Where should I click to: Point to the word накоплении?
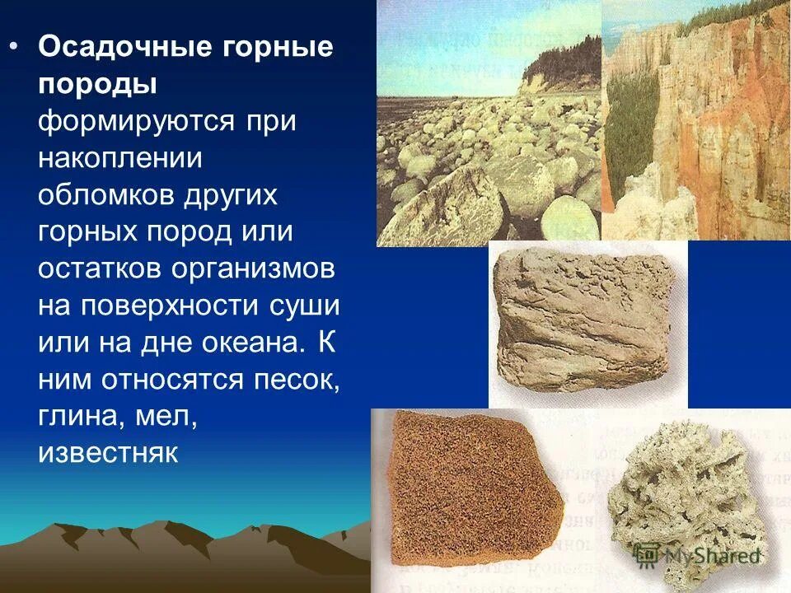click(x=119, y=158)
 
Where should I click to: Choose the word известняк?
click(x=108, y=454)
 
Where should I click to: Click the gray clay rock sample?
click(x=587, y=321)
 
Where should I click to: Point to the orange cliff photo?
click(x=696, y=119)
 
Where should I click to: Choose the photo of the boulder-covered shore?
click(x=489, y=124)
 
